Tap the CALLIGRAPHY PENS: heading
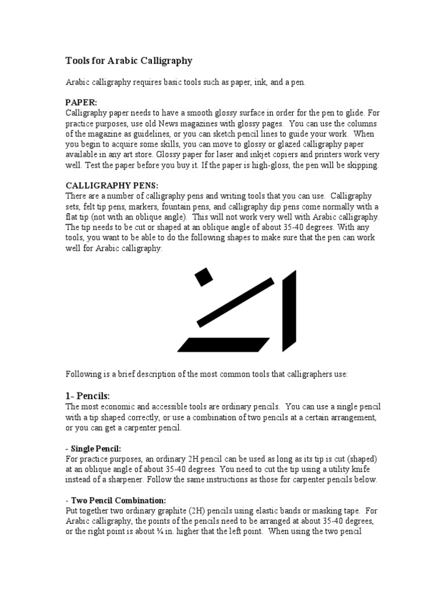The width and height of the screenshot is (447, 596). coord(112,186)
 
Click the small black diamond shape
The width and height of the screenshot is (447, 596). coord(203,276)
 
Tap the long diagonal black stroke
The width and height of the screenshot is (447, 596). coord(236,301)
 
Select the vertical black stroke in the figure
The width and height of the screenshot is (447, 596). coord(289,311)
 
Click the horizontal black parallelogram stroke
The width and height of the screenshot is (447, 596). coord(224,345)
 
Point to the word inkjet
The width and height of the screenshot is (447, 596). coord(277,155)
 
